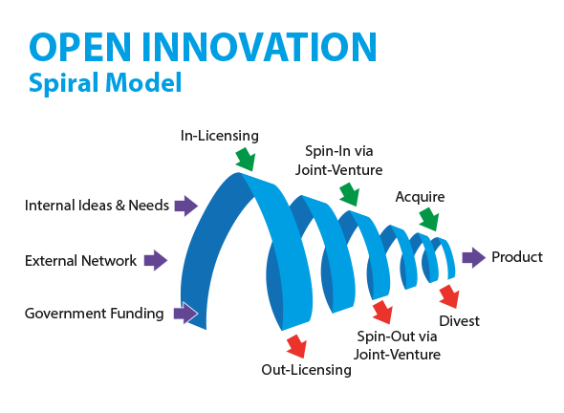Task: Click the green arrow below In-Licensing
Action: coord(246,159)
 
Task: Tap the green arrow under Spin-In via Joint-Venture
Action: coord(350,194)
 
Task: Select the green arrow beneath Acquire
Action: coord(429,219)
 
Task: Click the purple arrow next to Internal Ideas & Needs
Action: coord(186,206)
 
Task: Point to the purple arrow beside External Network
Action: coord(156,260)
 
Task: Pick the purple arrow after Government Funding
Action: coord(185,313)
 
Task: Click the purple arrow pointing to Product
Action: coord(474,257)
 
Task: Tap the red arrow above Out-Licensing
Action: coord(296,346)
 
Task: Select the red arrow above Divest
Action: coord(449,296)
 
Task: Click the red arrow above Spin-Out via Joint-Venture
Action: coord(382,312)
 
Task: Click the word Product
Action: coord(517,257)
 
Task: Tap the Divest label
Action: coord(460,321)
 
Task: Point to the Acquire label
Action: coord(420,198)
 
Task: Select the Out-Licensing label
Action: coord(307,370)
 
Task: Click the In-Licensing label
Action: coord(220,136)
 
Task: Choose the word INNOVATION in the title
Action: coord(259,47)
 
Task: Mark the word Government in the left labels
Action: coord(65,314)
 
